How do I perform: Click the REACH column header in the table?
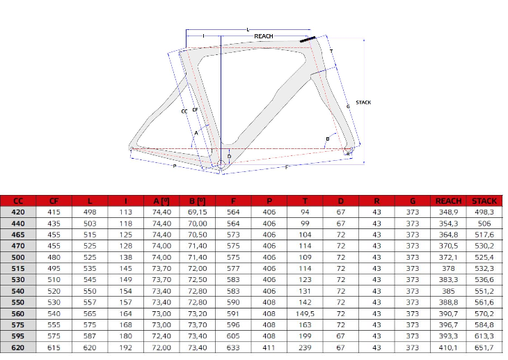point(448,201)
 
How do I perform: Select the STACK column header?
point(484,201)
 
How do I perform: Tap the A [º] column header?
point(161,201)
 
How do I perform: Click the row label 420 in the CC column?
point(18,212)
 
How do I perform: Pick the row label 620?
point(18,347)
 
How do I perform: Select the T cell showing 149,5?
point(305,313)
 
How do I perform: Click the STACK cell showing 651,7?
point(484,347)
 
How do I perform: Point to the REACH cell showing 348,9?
point(448,212)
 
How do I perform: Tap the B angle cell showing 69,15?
point(198,212)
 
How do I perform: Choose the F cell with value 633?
point(233,347)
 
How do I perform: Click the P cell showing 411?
point(269,347)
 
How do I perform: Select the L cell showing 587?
point(90,336)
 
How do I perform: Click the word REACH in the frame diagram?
point(264,36)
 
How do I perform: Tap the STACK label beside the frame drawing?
point(363,102)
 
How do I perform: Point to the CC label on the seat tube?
point(184,111)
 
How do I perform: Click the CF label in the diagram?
point(195,110)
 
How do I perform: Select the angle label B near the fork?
point(328,139)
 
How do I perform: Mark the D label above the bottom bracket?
point(230,156)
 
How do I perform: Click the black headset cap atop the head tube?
point(308,39)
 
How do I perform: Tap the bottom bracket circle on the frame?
point(221,164)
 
